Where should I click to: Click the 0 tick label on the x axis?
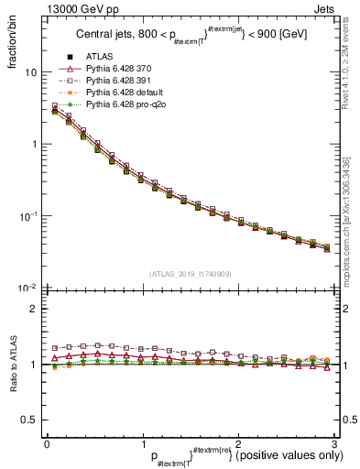coord(47,443)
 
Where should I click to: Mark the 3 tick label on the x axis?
coord(335,443)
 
